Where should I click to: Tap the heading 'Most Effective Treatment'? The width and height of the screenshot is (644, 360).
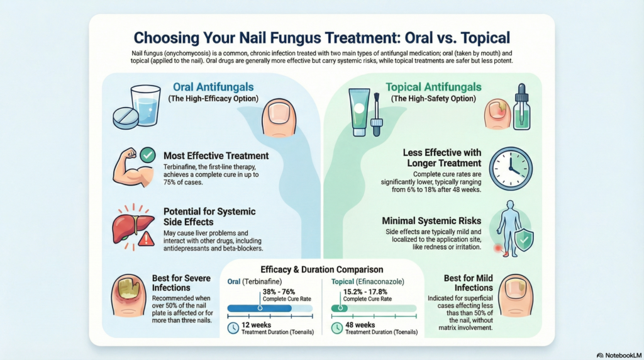point(216,155)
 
